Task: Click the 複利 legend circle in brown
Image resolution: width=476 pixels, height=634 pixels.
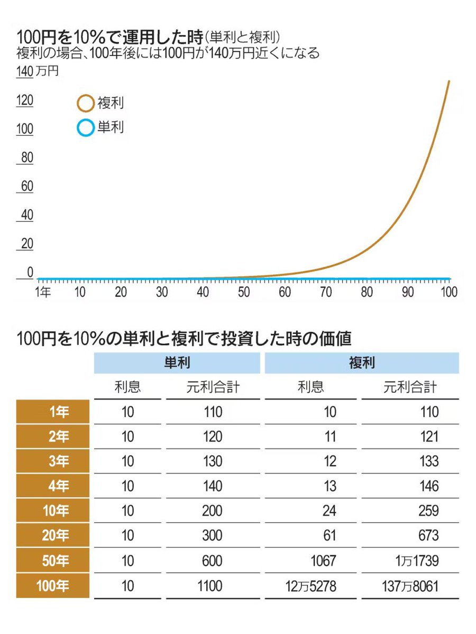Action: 85,103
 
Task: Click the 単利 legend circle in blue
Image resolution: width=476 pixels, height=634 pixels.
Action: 85,128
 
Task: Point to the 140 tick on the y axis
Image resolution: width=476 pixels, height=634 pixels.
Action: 25,72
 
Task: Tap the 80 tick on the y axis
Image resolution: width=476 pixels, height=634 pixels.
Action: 26,157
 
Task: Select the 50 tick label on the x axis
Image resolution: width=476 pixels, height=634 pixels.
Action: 244,292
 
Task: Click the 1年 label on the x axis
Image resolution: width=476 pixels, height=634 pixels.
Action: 43,292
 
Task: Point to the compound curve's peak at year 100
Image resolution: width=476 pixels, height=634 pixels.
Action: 449,81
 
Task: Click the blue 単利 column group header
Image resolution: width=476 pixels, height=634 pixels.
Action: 177,363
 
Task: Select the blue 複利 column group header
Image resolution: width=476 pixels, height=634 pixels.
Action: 362,363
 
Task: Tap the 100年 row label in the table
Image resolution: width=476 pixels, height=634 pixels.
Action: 52,585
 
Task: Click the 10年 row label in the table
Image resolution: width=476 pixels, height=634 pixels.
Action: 52,511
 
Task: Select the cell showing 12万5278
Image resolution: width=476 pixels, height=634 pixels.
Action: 310,585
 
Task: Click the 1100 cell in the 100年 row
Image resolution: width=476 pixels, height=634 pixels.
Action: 213,585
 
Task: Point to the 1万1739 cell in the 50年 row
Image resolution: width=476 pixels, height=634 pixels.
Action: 414,561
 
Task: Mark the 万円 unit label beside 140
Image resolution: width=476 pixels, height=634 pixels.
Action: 48,72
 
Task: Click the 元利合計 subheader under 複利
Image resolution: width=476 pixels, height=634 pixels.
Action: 410,387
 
